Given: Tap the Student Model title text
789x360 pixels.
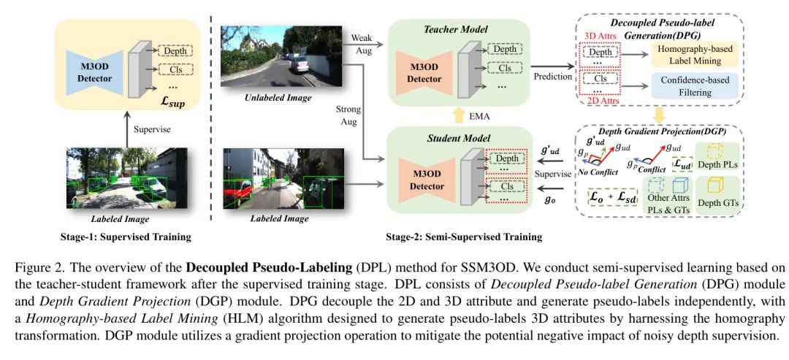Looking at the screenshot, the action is click(458, 137).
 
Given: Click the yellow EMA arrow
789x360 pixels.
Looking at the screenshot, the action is click(457, 117).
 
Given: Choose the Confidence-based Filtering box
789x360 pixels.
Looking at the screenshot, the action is click(697, 86).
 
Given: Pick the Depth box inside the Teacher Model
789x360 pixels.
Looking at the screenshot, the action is click(504, 49).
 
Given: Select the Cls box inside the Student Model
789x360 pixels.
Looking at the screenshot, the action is click(505, 186).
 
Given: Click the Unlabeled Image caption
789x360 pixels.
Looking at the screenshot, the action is click(278, 98).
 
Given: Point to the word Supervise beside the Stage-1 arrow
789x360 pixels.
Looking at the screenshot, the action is click(153, 129).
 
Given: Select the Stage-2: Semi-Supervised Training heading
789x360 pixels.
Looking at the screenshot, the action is click(463, 237).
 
